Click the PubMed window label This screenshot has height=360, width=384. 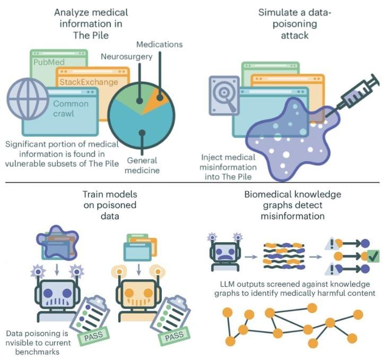coord(49,62)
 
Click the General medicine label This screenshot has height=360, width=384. coord(143,165)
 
